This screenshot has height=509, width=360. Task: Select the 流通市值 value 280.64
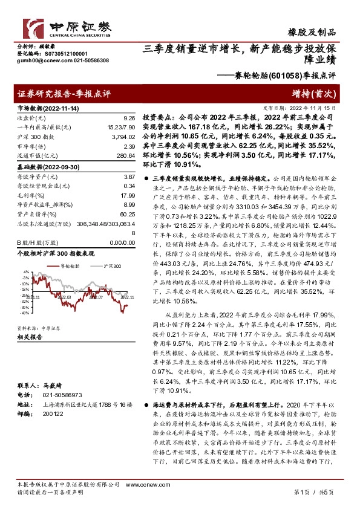[x=125, y=156]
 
